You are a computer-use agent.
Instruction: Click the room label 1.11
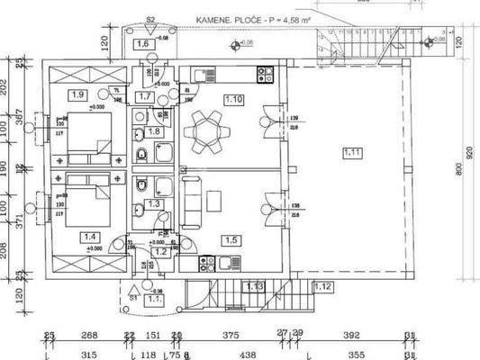[x=351, y=153]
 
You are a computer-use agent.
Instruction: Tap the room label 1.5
[x=231, y=239]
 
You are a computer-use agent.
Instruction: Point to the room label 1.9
[x=77, y=94]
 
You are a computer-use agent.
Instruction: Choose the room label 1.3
[x=154, y=204]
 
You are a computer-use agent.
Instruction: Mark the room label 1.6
[x=141, y=44]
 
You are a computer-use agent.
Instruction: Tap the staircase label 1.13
[x=254, y=286]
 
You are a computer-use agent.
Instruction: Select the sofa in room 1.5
[x=190, y=202]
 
